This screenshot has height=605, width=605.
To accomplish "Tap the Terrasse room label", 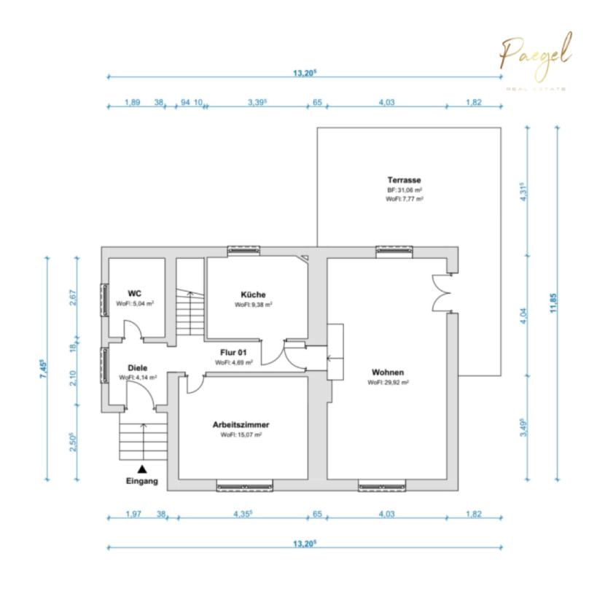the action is (404, 180).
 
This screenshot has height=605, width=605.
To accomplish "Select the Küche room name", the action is (253, 294).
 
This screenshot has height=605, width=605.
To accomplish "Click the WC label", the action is (134, 293).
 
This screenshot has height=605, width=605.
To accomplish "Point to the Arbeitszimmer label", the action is (241, 424).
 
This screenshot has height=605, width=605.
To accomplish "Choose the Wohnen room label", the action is (388, 372).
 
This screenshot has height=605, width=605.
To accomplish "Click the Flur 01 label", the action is (233, 352).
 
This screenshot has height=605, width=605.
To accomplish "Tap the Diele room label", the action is (137, 367).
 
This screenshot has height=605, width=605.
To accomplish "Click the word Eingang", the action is (142, 481).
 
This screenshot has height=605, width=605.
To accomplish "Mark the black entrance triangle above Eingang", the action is (142, 469).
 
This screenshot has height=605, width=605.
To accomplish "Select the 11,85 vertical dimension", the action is (553, 303).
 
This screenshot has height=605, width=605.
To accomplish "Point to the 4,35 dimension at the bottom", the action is (243, 514).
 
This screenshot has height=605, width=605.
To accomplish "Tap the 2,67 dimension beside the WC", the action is (73, 297).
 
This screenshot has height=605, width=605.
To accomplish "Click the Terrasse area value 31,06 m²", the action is (405, 190).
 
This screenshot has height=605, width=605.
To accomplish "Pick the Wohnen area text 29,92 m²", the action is (388, 383).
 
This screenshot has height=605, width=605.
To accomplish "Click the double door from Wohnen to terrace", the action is (442, 293).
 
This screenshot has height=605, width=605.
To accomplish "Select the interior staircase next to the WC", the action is (190, 313).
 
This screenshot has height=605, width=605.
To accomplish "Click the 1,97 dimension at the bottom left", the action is (133, 514).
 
